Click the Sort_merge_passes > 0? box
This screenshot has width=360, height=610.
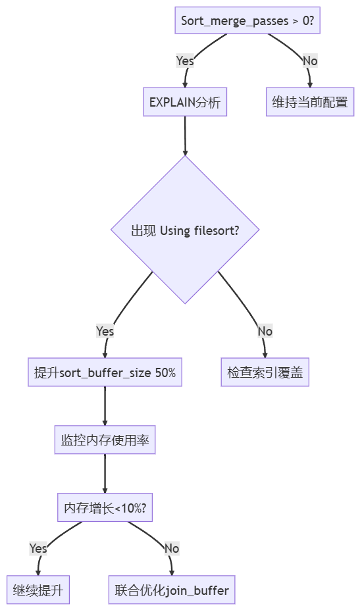247,20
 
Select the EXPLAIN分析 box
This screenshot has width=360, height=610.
185,102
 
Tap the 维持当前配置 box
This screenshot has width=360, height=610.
310,102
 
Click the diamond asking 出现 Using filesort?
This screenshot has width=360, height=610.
185,230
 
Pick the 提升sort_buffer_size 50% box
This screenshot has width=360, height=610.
105,372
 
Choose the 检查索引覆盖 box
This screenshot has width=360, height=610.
265,372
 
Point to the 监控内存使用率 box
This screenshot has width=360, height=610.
105,440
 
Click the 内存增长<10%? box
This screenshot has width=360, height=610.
105,507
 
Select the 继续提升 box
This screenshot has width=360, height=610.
38,590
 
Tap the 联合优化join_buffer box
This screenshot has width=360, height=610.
172,590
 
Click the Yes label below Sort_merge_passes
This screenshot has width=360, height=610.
185,61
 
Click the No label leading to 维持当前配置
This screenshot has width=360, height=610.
310,61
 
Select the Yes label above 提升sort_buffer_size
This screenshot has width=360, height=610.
105,331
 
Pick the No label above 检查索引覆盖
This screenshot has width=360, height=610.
265,331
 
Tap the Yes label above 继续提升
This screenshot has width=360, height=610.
38,548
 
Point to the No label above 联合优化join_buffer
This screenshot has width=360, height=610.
172,548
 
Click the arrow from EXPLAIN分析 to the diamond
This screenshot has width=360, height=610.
185,136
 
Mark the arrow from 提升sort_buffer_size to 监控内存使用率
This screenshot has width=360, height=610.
105,406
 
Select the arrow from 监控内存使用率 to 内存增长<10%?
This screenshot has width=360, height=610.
105,473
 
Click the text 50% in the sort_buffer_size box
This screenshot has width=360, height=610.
165,372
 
